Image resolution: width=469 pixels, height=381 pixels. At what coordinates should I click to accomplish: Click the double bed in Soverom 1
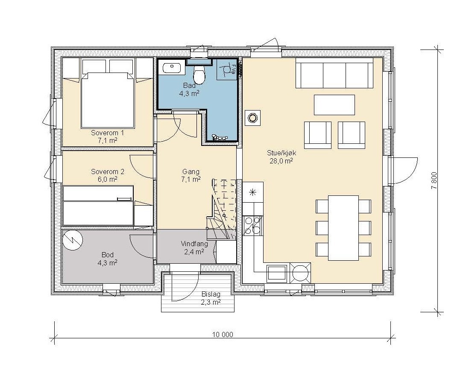(108, 99)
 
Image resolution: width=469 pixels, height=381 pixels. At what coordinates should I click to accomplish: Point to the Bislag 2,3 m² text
(211, 298)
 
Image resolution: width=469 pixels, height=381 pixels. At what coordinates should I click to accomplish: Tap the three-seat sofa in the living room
(334, 73)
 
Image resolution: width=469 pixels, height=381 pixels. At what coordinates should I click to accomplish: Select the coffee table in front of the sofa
(334, 105)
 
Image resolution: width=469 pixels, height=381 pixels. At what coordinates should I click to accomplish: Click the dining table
(343, 228)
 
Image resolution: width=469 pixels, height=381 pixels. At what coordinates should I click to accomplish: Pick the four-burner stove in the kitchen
(253, 225)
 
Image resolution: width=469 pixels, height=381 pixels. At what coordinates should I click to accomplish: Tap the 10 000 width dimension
(223, 334)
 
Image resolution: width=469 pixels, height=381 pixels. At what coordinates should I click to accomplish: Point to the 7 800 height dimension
(434, 180)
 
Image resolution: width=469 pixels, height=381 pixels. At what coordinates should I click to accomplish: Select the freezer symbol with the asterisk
(253, 192)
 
